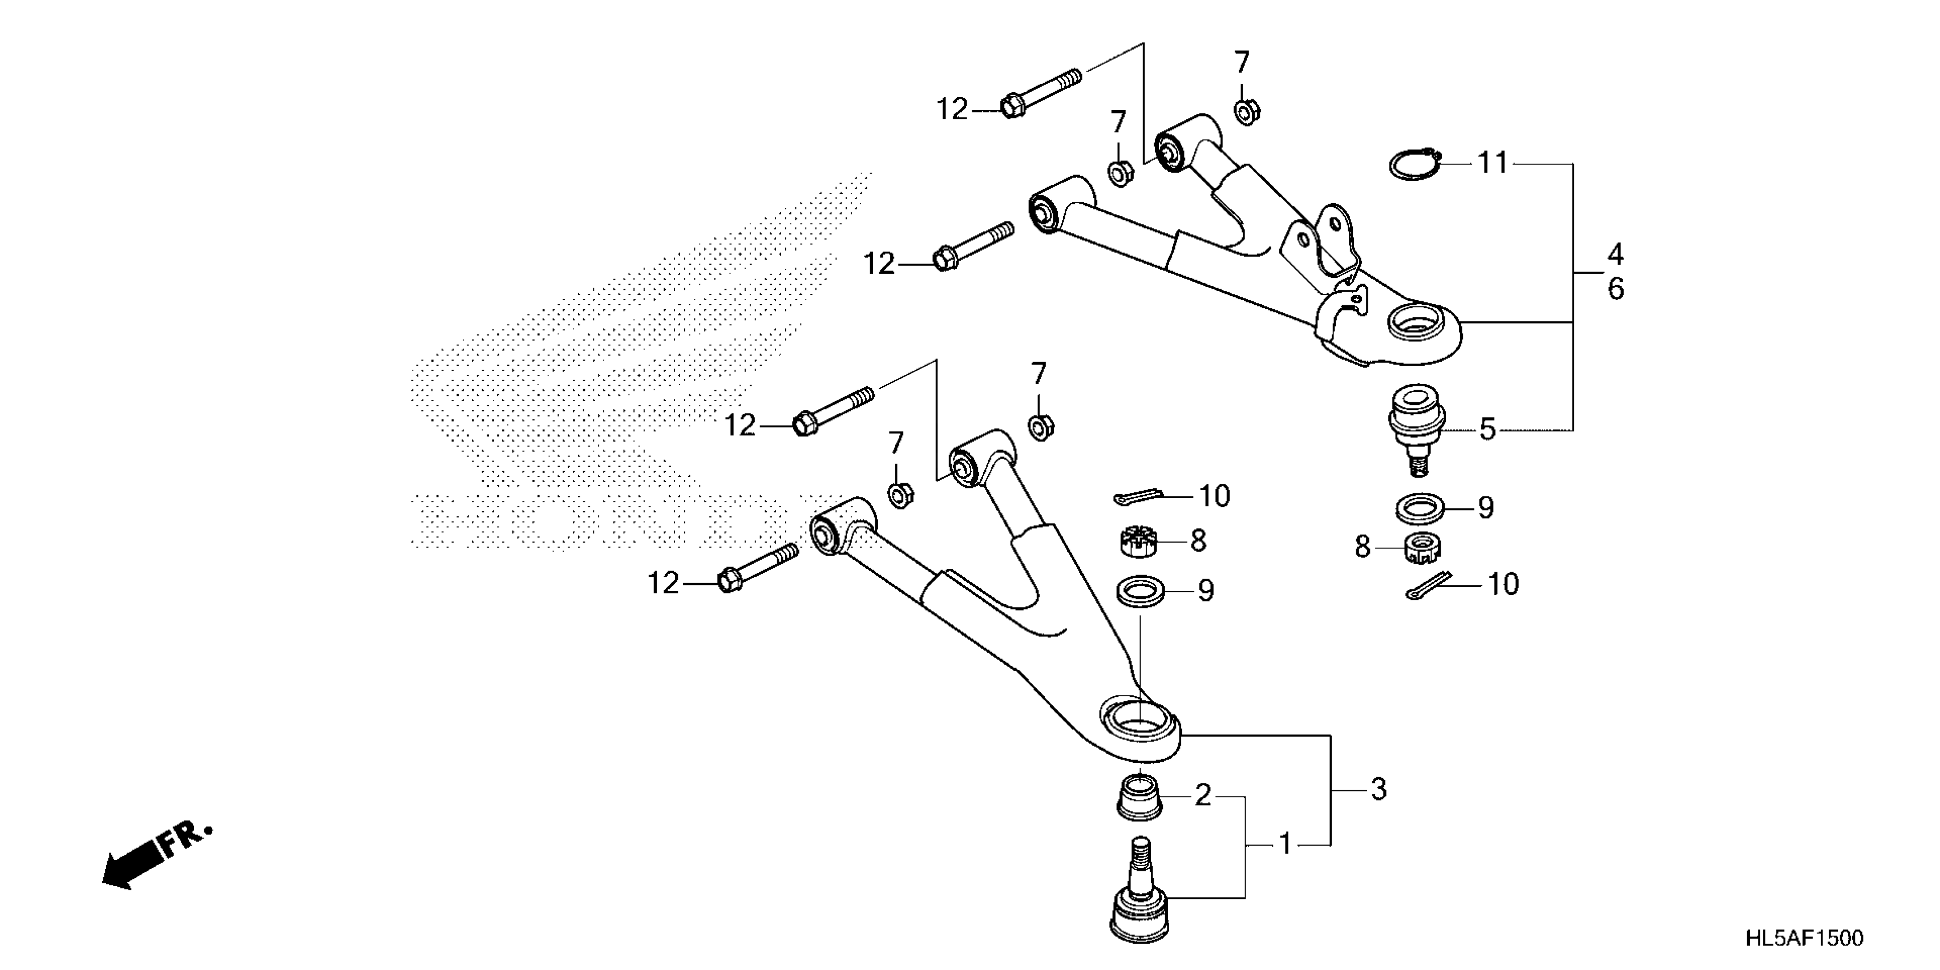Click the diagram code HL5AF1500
(1804, 939)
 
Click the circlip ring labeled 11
(1413, 164)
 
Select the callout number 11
(1493, 163)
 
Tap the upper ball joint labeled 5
(1414, 426)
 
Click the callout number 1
(1286, 845)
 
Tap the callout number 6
(1615, 289)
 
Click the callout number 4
(1615, 254)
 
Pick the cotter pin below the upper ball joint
(1427, 586)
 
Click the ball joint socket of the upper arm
(1413, 324)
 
